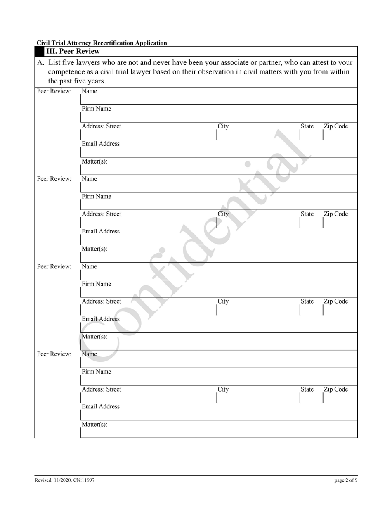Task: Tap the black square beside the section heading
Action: pos(39,52)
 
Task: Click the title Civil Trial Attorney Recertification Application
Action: pos(102,43)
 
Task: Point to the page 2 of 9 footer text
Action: pos(346,480)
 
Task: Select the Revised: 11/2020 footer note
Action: pos(65,480)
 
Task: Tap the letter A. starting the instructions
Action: pos(41,63)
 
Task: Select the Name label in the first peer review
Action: pos(90,91)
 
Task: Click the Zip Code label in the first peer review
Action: pos(335,126)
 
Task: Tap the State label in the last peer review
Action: pos(307,389)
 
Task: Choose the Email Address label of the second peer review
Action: pos(101,231)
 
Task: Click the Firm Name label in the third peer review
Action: pos(96,284)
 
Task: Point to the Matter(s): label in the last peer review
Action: pos(94,424)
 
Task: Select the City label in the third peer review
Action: pos(223,301)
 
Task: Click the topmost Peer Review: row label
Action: pos(54,91)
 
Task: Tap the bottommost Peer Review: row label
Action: pos(54,354)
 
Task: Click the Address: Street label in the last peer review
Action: pos(102,389)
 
